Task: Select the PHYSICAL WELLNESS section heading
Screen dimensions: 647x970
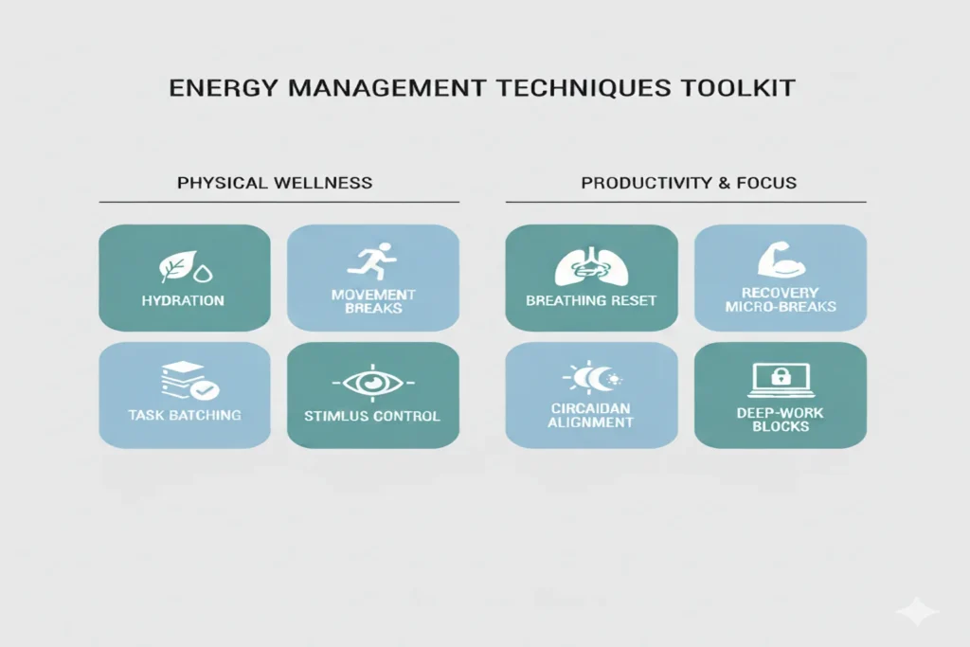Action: (x=275, y=182)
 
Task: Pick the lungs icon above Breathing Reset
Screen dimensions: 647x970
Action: (x=590, y=267)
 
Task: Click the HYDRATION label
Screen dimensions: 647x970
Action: (x=184, y=300)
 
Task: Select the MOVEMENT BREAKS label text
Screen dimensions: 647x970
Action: (x=372, y=301)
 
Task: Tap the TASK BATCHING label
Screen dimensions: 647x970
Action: (x=185, y=415)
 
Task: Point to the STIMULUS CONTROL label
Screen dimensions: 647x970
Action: (x=372, y=415)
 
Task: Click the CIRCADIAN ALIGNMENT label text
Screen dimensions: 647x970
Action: (x=591, y=415)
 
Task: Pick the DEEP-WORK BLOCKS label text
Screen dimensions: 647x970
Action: (x=780, y=420)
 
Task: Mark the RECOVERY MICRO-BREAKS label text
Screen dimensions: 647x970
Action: (x=780, y=299)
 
